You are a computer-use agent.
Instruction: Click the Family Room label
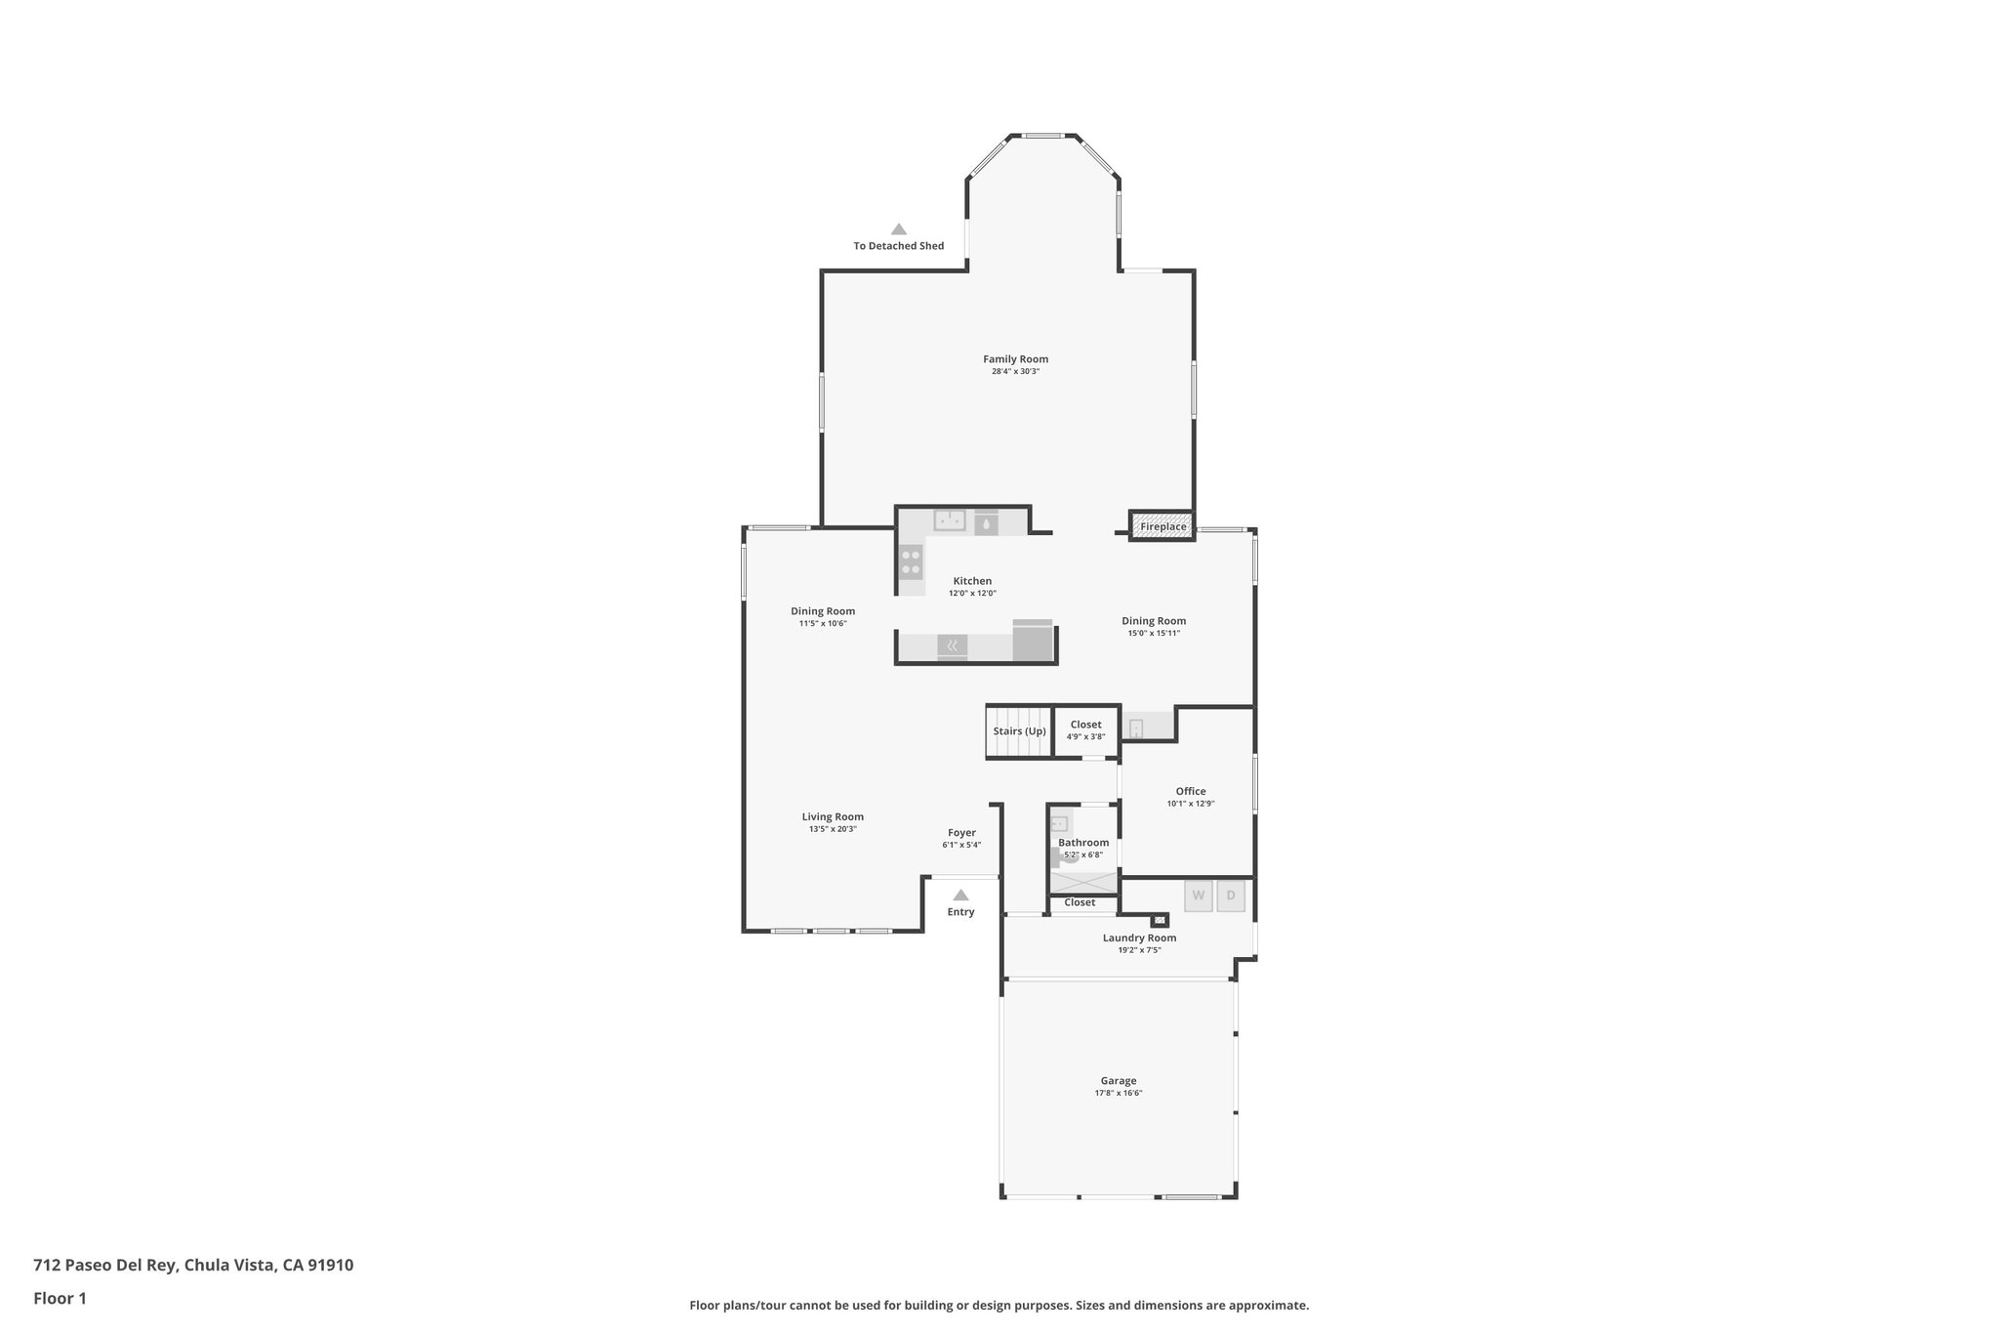pyautogui.click(x=1015, y=359)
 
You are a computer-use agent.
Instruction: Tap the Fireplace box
pyautogui.click(x=1163, y=526)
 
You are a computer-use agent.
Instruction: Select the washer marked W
pyautogui.click(x=1198, y=896)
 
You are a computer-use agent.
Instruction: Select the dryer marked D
pyautogui.click(x=1231, y=896)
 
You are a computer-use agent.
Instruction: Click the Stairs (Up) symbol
pyautogui.click(x=1019, y=731)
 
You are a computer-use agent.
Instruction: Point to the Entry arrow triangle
pyautogui.click(x=960, y=895)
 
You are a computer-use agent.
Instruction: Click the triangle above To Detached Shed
pyautogui.click(x=898, y=229)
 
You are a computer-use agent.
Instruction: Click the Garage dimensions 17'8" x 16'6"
pyautogui.click(x=1118, y=1093)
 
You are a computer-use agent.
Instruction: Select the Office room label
pyautogui.click(x=1190, y=791)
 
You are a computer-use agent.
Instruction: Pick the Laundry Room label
pyautogui.click(x=1139, y=937)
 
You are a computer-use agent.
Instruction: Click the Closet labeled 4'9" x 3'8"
pyautogui.click(x=1085, y=730)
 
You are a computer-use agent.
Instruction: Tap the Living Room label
pyautogui.click(x=833, y=817)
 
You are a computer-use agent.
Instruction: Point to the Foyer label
pyautogui.click(x=961, y=833)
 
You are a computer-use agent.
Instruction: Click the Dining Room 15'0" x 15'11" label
pyautogui.click(x=1153, y=621)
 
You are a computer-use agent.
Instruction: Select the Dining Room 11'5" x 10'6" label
pyautogui.click(x=822, y=611)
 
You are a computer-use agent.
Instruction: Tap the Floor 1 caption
pyautogui.click(x=60, y=1298)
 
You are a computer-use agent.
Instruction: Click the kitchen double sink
pyautogui.click(x=949, y=521)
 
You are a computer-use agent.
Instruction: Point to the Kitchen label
pyautogui.click(x=972, y=581)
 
